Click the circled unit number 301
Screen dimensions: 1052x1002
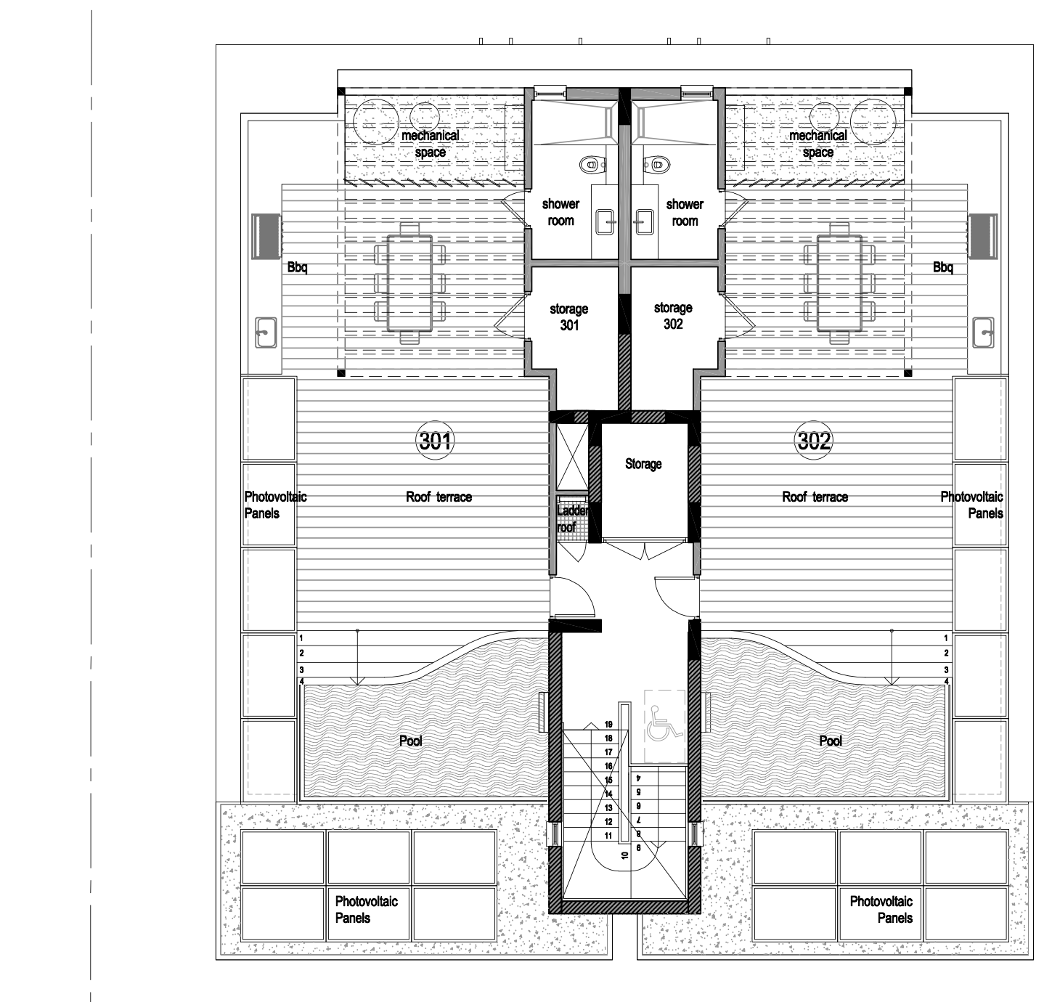click(435, 441)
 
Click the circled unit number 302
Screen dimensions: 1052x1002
click(813, 441)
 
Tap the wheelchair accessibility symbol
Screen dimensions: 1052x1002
click(664, 722)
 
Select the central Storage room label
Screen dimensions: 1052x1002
click(643, 463)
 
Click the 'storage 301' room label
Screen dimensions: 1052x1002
click(568, 317)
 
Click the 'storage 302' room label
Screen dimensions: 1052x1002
click(673, 316)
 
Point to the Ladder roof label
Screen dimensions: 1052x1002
click(571, 518)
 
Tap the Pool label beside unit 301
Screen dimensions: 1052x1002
click(410, 741)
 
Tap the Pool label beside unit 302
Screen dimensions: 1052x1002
click(831, 741)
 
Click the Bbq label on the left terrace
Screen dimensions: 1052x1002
click(298, 267)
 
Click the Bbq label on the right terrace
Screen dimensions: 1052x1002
click(943, 267)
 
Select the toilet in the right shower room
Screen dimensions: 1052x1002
click(657, 163)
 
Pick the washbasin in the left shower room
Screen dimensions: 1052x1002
click(605, 221)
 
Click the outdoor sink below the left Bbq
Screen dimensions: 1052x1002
click(266, 333)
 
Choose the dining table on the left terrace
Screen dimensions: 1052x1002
click(410, 283)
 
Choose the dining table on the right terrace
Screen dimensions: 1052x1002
click(839, 283)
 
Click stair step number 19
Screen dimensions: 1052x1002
click(608, 724)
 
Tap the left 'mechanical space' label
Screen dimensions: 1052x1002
click(431, 144)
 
